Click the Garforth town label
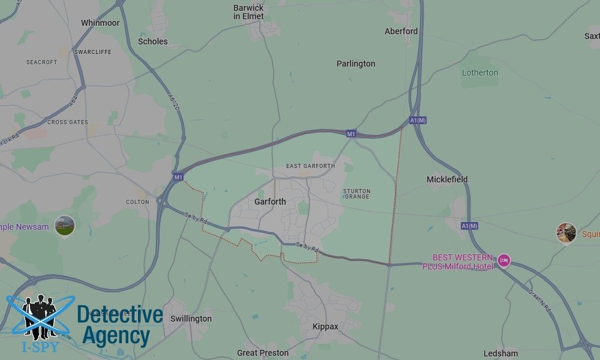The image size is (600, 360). (x=270, y=202)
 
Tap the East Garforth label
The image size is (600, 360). (x=310, y=166)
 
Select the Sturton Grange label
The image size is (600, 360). (x=356, y=194)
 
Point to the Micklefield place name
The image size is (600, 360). (x=447, y=179)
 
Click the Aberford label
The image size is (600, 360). (x=401, y=31)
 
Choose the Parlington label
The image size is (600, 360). (x=356, y=64)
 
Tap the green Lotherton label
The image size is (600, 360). (x=480, y=73)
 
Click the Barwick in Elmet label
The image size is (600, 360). (x=248, y=12)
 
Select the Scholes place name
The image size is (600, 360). (x=153, y=41)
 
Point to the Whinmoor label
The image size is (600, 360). (x=100, y=23)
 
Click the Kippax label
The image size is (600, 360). (x=325, y=326)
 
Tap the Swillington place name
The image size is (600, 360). (x=191, y=319)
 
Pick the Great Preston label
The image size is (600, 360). (x=263, y=353)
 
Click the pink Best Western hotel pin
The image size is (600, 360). (x=504, y=260)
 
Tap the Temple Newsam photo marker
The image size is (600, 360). (x=65, y=226)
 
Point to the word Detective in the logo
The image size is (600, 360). (x=120, y=314)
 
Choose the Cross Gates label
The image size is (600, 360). (x=68, y=122)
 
